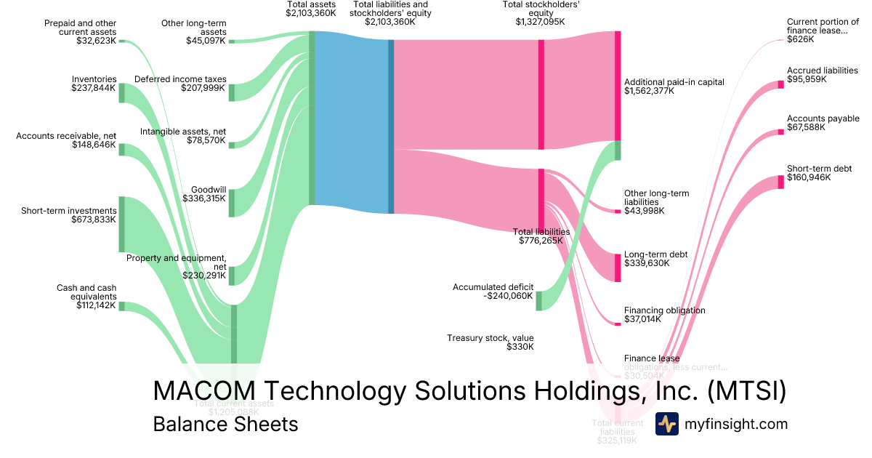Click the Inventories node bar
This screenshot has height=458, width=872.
pyautogui.click(x=122, y=93)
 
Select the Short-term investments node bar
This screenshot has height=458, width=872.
pyautogui.click(x=122, y=224)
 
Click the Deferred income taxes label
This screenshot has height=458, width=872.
pyautogui.click(x=180, y=79)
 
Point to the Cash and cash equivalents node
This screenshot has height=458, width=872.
pyautogui.click(x=122, y=306)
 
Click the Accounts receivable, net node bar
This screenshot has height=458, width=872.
pyautogui.click(x=122, y=150)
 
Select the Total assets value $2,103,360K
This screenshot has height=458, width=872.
pyautogui.click(x=311, y=13)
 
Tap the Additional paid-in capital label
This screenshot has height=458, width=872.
pyautogui.click(x=674, y=82)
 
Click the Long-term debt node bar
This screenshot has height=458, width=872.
pyautogui.click(x=618, y=267)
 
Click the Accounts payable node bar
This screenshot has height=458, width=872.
pyautogui.click(x=781, y=132)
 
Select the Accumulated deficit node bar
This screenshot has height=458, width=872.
pyautogui.click(x=539, y=300)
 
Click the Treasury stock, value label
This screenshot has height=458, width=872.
pyautogui.click(x=490, y=338)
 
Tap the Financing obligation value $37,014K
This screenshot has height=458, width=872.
pyautogui.click(x=643, y=318)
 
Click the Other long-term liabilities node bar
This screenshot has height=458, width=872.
pyautogui.click(x=618, y=211)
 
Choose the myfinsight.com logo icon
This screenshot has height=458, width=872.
pyautogui.click(x=666, y=424)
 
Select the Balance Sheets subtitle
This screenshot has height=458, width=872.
pyautogui.click(x=225, y=424)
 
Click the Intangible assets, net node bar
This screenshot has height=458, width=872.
pyautogui.click(x=232, y=145)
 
